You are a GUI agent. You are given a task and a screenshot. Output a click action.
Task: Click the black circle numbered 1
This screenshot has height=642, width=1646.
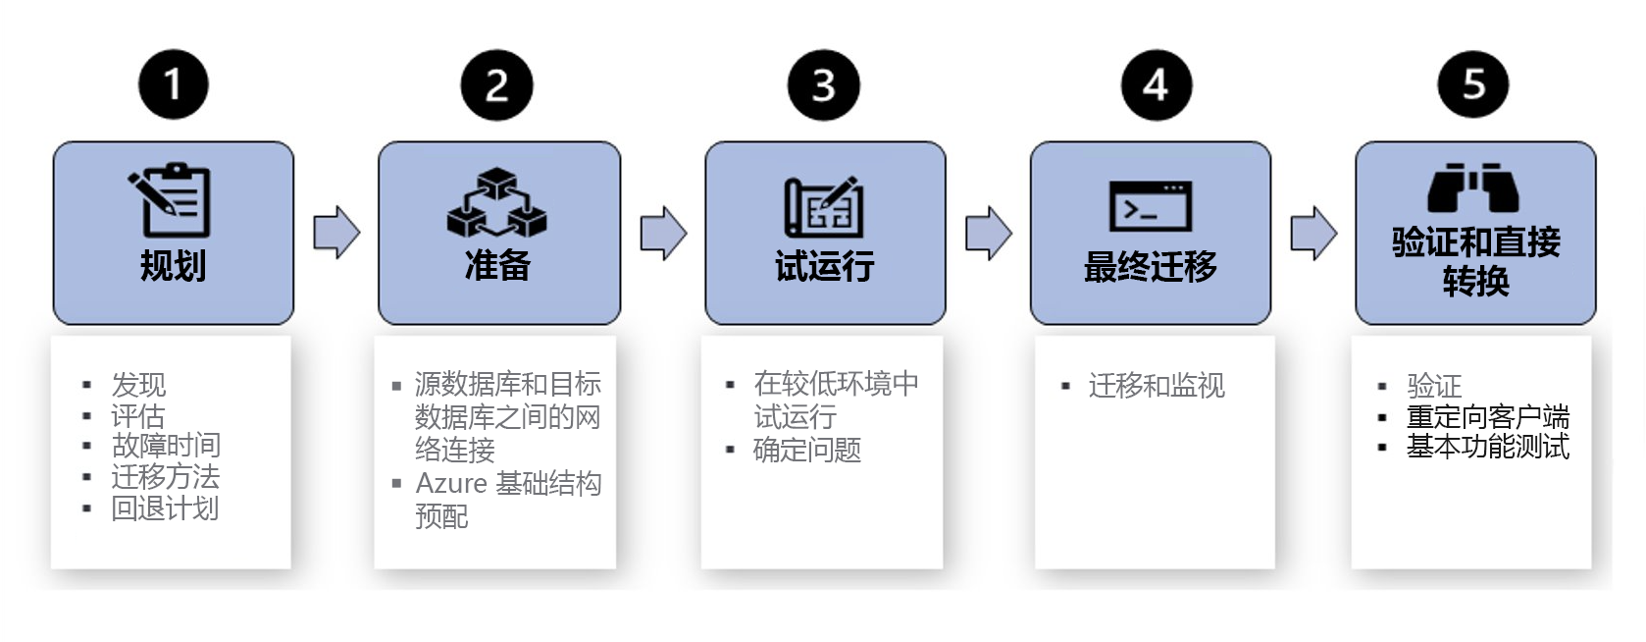click(x=174, y=84)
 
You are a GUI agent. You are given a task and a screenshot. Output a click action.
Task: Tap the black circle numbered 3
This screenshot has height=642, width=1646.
click(x=824, y=85)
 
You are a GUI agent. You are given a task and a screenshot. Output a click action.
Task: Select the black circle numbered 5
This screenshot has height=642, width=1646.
click(x=1473, y=84)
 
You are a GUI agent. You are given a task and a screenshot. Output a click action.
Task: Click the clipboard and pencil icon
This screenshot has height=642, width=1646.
click(x=172, y=199)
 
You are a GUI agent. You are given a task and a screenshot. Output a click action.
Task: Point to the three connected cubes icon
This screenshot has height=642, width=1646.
click(x=497, y=203)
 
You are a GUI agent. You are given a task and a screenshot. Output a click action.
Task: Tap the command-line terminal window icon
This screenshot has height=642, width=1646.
click(x=1150, y=206)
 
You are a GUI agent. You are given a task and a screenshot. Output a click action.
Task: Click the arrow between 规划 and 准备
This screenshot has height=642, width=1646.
click(x=336, y=233)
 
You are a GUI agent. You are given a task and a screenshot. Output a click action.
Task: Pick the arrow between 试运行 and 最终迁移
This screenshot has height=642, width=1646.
click(x=988, y=233)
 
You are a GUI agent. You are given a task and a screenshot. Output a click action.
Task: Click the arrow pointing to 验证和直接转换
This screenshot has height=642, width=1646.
click(x=1313, y=233)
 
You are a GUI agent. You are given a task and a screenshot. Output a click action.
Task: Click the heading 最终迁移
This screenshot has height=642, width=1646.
click(x=1150, y=266)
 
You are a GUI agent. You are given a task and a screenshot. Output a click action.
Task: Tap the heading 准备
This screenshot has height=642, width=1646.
click(x=497, y=265)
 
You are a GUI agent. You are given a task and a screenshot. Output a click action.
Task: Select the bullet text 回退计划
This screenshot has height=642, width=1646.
click(x=165, y=508)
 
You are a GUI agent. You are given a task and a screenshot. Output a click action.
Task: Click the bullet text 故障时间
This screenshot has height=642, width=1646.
click(x=166, y=446)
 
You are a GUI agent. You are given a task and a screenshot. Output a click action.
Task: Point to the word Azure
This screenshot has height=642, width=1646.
click(x=451, y=483)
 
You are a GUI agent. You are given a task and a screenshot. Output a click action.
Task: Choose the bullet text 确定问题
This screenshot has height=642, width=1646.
click(x=807, y=450)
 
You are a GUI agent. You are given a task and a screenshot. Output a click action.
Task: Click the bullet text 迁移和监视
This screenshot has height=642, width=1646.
click(x=1157, y=386)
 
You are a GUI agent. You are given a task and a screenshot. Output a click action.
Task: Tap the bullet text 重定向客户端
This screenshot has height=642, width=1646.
click(x=1487, y=416)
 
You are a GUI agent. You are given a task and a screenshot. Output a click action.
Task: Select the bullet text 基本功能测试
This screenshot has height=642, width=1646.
click(x=1487, y=447)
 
